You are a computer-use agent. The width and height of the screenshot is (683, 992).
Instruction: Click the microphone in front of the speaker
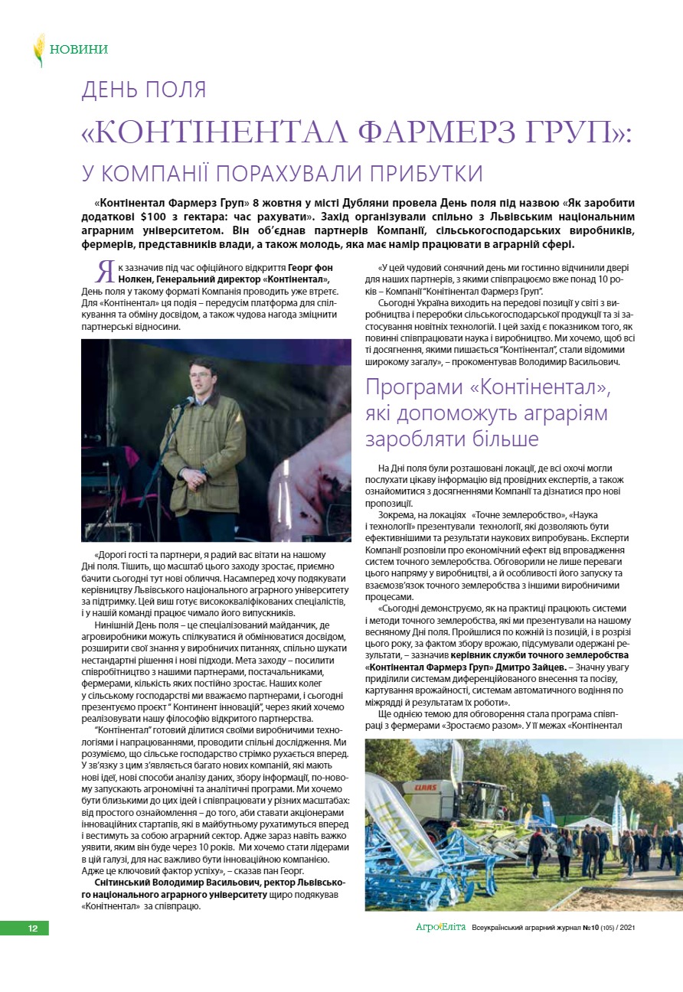coord(186,401)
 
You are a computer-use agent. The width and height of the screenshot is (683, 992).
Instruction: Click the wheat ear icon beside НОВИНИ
coord(38,50)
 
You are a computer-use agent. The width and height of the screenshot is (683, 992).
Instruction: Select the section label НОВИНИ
coord(79,50)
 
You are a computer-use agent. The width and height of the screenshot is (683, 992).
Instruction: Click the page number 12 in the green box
coord(33,928)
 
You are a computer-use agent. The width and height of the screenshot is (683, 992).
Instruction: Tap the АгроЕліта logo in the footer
coord(440,928)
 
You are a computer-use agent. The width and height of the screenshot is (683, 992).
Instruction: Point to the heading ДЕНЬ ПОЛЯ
coord(144,90)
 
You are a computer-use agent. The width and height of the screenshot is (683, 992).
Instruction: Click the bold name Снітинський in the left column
coord(124,883)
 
